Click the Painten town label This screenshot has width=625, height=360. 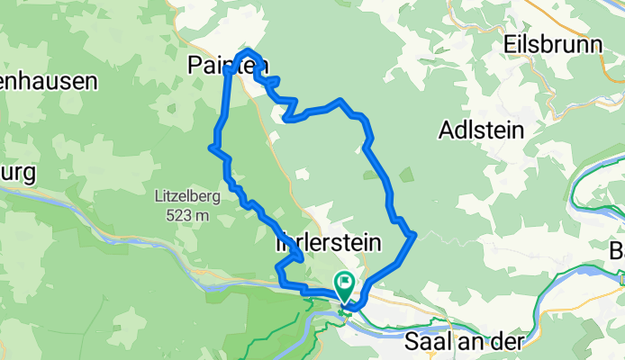click(x=228, y=64)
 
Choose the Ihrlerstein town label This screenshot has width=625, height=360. click(x=327, y=243)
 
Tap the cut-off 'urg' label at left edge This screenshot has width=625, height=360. click(x=17, y=171)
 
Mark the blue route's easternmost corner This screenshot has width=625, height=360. click(x=413, y=235)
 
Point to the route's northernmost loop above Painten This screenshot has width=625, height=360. click(x=249, y=51)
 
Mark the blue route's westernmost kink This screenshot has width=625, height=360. click(x=211, y=146)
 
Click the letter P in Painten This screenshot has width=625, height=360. click(x=197, y=64)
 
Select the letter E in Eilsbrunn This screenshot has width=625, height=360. click(x=511, y=43)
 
